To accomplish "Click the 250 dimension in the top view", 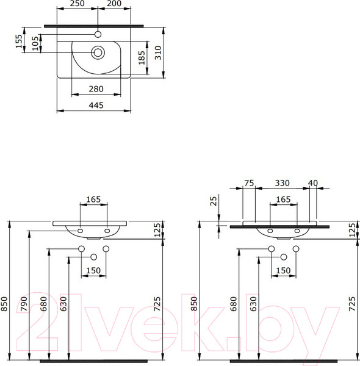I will [76, 4].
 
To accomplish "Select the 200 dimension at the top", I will [114, 4].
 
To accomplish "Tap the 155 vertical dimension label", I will [19, 40].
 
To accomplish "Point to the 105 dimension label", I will [35, 41].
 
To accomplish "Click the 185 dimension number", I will [142, 57].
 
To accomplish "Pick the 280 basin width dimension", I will [95, 89].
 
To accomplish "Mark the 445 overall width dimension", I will [95, 105].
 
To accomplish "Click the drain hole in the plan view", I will [97, 53].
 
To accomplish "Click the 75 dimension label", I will [248, 182].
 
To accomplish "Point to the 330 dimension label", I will [281, 182].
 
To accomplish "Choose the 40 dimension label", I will [314, 182].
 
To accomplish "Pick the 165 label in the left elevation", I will [94, 199].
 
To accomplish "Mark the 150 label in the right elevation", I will [283, 270].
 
